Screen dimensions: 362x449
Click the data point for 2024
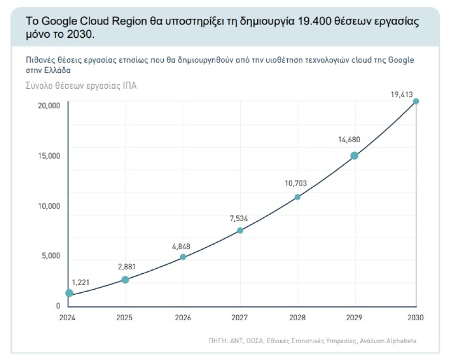click(x=69, y=293)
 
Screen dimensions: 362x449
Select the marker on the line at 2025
click(x=125, y=280)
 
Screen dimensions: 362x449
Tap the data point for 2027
click(x=240, y=230)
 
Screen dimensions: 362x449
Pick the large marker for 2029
click(x=354, y=156)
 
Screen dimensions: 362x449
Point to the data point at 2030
click(x=416, y=101)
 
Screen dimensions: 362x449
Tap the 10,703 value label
click(x=296, y=183)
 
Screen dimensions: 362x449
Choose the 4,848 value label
click(x=181, y=246)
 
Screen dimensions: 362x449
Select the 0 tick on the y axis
click(x=58, y=306)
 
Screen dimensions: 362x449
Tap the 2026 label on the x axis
click(x=183, y=318)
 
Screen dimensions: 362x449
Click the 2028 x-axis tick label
click(x=298, y=318)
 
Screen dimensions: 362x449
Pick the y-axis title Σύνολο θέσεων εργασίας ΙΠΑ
click(x=81, y=86)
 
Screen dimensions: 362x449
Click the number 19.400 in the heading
click(x=314, y=21)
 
